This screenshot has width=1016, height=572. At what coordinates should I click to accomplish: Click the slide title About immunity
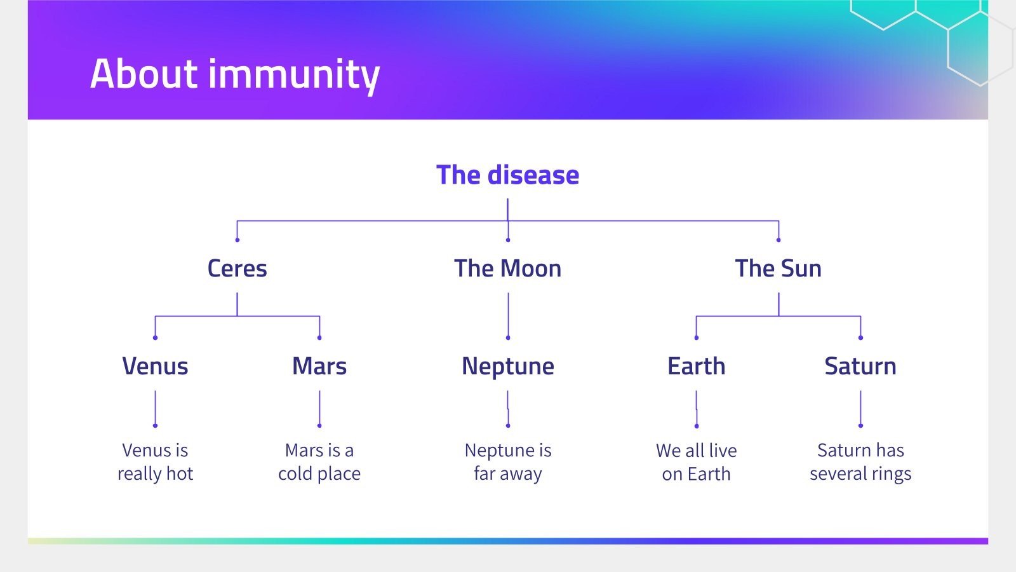235,74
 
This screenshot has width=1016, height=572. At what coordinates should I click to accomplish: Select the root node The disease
507,175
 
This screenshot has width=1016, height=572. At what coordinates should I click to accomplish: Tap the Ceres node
237,268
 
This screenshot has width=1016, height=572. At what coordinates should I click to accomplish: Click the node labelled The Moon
507,268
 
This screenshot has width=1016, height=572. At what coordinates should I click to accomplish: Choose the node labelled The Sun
778,268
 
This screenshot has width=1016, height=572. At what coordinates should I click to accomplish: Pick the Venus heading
155,366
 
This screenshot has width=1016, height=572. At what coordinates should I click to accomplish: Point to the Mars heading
319,366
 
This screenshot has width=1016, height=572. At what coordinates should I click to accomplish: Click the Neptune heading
507,366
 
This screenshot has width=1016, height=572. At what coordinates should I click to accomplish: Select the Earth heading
696,366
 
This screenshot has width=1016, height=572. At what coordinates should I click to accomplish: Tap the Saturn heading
860,366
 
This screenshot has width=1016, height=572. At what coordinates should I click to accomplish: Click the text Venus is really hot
155,462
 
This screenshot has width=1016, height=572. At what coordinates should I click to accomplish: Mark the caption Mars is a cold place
319,462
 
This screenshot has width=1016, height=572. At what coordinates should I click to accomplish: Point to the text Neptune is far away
507,462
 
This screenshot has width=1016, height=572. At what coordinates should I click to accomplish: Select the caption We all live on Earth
696,462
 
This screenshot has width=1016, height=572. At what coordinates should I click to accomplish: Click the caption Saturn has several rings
860,462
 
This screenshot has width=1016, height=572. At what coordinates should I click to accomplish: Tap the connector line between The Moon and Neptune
508,315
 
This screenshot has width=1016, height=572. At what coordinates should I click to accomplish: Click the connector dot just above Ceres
237,240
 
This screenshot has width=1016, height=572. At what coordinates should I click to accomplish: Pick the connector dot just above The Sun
779,240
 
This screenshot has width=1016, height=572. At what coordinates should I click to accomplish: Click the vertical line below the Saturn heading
860,407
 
